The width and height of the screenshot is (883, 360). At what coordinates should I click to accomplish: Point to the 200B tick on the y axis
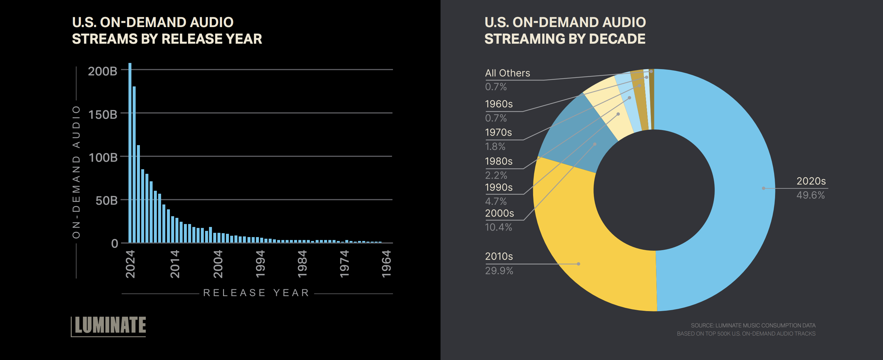pyautogui.click(x=102, y=71)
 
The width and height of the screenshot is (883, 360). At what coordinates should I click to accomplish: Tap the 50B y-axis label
pyautogui.click(x=106, y=201)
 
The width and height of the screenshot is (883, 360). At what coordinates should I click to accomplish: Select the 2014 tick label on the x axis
pyautogui.click(x=175, y=264)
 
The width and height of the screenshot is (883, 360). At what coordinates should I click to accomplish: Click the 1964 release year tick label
pyautogui.click(x=386, y=264)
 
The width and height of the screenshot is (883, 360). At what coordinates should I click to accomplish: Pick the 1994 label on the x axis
pyautogui.click(x=260, y=264)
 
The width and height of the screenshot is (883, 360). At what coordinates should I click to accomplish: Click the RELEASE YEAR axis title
pyautogui.click(x=256, y=293)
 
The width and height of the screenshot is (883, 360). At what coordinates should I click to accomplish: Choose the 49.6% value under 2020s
pyautogui.click(x=810, y=195)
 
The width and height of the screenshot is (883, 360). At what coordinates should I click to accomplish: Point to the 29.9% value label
pyautogui.click(x=499, y=271)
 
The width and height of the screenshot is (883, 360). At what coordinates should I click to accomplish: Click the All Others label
pyautogui.click(x=507, y=73)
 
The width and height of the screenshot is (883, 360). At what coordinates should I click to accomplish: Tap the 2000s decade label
pyautogui.click(x=500, y=213)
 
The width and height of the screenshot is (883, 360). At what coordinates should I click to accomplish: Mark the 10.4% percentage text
pyautogui.click(x=499, y=227)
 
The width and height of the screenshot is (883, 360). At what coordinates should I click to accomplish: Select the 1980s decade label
pyautogui.click(x=499, y=161)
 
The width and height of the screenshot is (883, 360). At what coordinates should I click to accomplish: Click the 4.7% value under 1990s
pyautogui.click(x=496, y=201)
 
